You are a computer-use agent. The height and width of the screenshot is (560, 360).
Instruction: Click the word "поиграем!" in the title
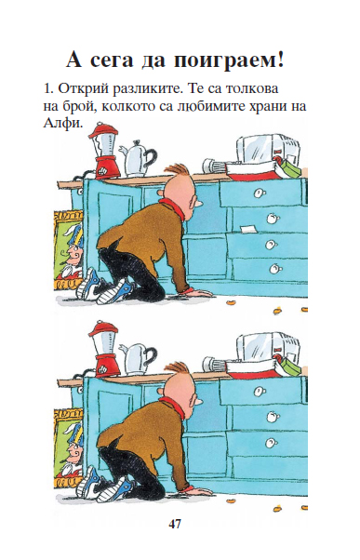[x=229, y=60]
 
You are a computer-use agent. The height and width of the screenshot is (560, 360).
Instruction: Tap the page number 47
[x=175, y=524]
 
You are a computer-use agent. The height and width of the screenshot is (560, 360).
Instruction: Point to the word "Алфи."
[x=63, y=123]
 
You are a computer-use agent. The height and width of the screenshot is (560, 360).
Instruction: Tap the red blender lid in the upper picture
[x=103, y=130]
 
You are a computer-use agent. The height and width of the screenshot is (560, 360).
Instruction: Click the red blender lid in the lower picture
[x=103, y=328]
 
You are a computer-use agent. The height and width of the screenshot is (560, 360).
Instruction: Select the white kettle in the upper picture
[x=138, y=159]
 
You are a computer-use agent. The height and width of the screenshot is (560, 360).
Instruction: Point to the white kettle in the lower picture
[x=138, y=358]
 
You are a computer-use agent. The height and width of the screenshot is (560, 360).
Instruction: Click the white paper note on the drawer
[x=249, y=229]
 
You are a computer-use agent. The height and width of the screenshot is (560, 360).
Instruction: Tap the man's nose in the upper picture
[x=198, y=203]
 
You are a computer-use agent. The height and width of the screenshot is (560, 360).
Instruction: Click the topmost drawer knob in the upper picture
[x=259, y=193]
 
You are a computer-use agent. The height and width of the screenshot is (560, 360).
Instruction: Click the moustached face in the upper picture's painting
[x=74, y=254]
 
